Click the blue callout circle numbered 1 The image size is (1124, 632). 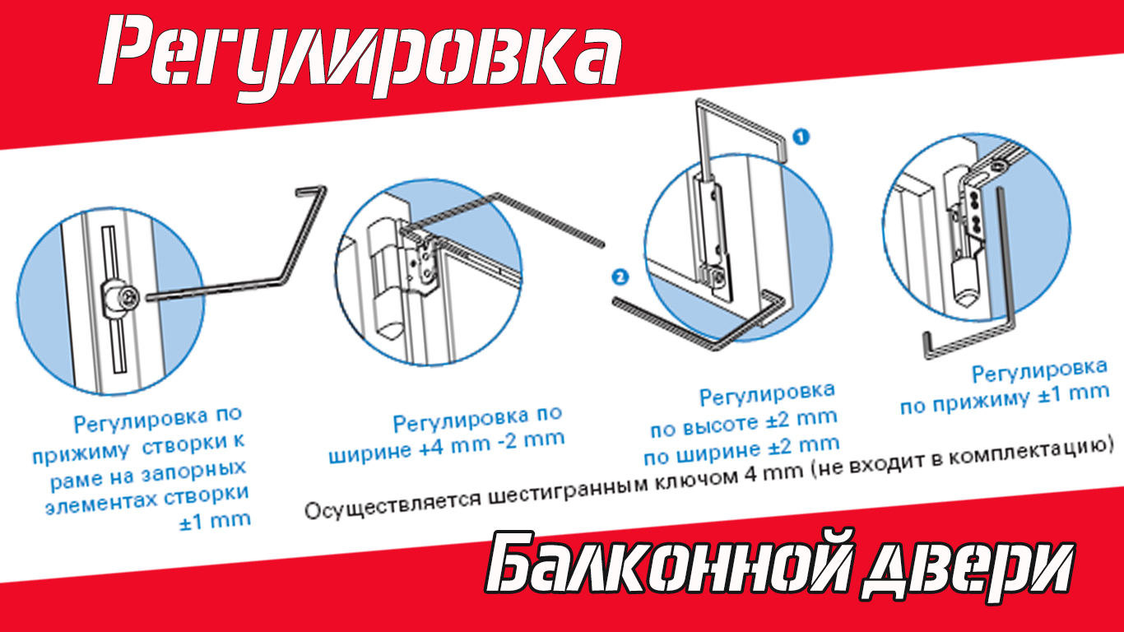[801, 137]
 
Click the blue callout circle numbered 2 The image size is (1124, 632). [620, 277]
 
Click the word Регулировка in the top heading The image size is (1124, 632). [360, 56]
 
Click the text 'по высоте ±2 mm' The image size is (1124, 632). [744, 423]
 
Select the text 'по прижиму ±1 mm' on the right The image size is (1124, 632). [1004, 398]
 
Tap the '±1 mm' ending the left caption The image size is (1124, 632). [215, 521]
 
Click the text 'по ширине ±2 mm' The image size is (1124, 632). [741, 450]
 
